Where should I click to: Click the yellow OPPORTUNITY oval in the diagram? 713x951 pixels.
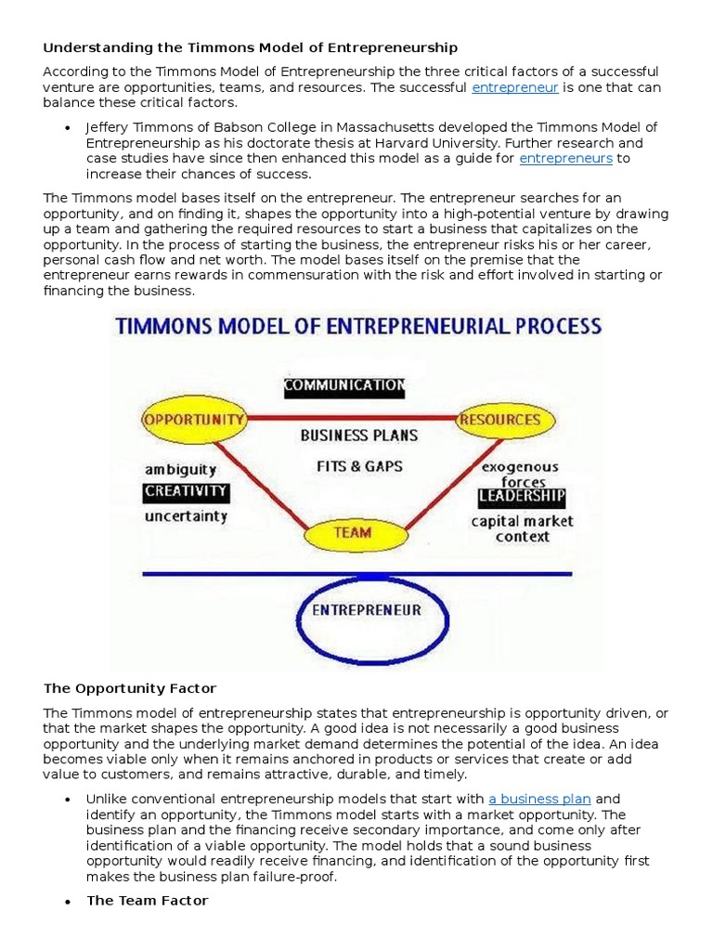(194, 419)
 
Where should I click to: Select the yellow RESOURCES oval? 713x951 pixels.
(500, 419)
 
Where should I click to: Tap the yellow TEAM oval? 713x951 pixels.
(352, 532)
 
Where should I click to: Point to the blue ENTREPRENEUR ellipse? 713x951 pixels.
(366, 610)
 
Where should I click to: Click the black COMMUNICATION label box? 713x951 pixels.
(344, 384)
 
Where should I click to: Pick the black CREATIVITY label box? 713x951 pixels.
(186, 491)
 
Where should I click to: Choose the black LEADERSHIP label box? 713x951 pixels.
(521, 497)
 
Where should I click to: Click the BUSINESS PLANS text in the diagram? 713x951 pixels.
(359, 435)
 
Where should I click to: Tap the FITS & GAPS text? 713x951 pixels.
(359, 466)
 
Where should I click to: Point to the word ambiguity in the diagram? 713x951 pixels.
(180, 469)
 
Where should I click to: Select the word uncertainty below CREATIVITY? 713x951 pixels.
(186, 516)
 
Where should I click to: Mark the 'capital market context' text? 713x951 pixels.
(522, 528)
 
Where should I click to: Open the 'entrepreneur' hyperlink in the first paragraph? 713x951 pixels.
(514, 87)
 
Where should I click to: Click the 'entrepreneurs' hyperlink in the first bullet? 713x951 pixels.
(565, 158)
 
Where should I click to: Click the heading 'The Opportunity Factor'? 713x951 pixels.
(130, 688)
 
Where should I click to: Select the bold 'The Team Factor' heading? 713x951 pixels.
(147, 900)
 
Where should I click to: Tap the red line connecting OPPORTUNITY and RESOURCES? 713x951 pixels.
(353, 418)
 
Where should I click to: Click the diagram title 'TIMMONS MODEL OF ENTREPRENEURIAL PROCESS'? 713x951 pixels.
(358, 327)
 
